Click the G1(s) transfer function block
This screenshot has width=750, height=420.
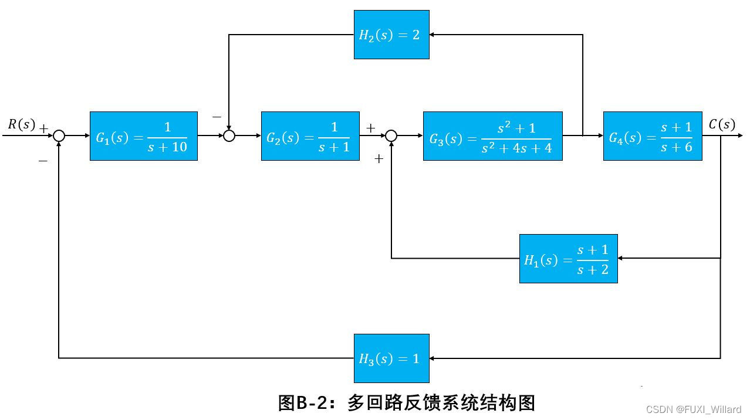coord(143,136)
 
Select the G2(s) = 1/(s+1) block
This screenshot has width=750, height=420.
coord(310,136)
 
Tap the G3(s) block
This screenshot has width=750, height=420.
coord(492,136)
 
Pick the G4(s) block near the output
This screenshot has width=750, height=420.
coord(652,136)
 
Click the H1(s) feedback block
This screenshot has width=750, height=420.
coord(568,259)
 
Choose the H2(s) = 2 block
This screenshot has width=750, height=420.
coord(391,35)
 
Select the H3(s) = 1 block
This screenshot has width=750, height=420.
coord(391,358)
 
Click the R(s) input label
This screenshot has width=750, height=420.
coord(22,124)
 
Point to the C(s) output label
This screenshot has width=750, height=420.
coord(721,124)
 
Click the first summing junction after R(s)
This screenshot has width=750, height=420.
coord(59,136)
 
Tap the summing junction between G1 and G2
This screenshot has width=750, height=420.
coord(229,136)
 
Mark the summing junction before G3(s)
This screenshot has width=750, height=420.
coord(391,136)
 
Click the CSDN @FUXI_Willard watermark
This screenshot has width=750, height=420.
coord(693,409)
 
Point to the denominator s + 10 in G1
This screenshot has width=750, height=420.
coord(167,147)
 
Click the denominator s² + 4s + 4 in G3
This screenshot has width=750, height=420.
coord(516,148)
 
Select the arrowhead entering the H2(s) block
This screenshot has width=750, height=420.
coord(433,35)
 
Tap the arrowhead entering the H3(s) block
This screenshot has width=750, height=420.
coord(433,358)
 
